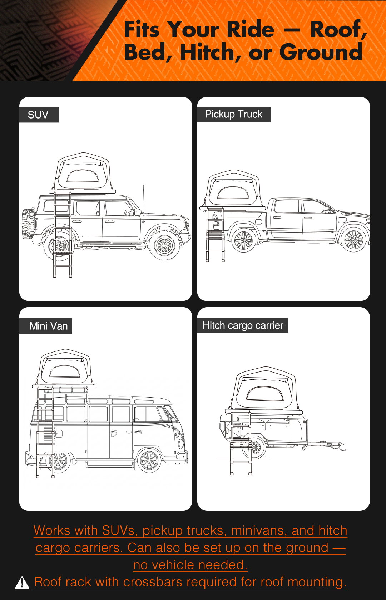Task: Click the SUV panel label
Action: click(38, 115)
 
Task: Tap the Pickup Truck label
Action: click(233, 114)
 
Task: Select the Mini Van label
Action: click(49, 326)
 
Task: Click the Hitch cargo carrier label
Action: click(243, 325)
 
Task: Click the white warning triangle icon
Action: click(22, 583)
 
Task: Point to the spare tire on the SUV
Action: click(28, 224)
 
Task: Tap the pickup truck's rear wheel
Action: click(243, 240)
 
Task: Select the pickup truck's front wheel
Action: click(354, 239)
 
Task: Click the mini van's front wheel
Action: click(149, 460)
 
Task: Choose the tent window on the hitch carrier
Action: click(264, 394)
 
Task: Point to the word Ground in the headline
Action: click(321, 52)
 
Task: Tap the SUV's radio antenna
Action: click(143, 199)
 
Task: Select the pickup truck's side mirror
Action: click(327, 211)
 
